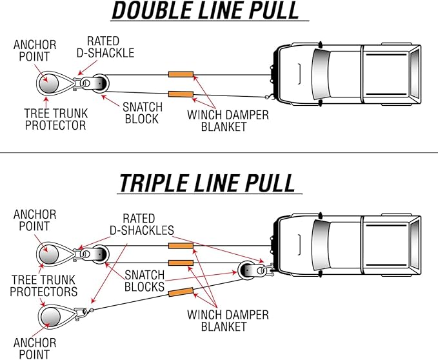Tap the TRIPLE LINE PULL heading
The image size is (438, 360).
[x=206, y=183]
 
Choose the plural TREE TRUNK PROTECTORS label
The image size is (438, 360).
[x=43, y=286]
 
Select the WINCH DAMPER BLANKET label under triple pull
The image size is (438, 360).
[x=228, y=321]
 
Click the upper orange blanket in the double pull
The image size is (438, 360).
[x=181, y=75]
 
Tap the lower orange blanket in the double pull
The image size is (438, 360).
[x=181, y=95]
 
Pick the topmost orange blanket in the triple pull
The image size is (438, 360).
[x=181, y=246]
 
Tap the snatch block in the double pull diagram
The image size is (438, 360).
[x=100, y=84]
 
